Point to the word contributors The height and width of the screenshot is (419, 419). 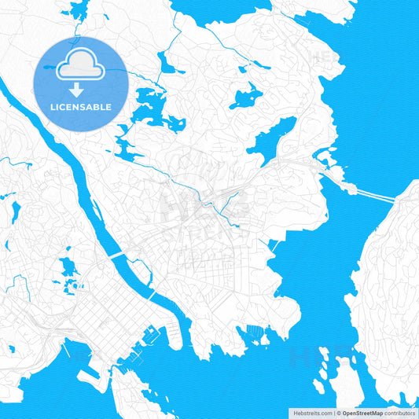click(399, 413)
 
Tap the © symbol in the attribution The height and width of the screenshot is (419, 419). click(337, 413)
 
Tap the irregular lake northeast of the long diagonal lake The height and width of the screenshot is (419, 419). click(247, 96)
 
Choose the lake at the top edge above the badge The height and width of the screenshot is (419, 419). click(79, 10)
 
